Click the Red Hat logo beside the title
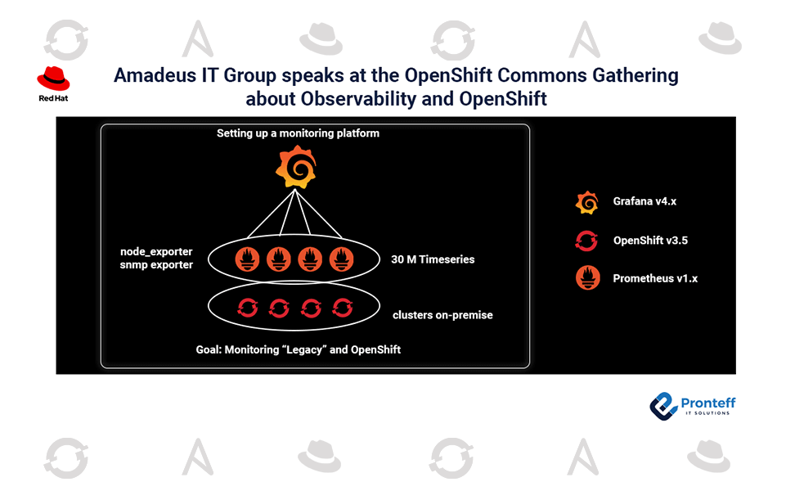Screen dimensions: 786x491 coord(53,83)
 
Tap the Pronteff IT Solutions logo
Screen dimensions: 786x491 coord(692,406)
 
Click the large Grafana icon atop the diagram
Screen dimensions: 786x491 coord(296,167)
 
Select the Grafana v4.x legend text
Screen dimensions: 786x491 coord(645,201)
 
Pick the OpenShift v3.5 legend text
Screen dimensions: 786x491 coord(650,241)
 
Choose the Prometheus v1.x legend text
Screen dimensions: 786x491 coord(655,278)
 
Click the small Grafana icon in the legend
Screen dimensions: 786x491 coord(587,203)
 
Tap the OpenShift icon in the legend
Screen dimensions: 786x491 coord(586,241)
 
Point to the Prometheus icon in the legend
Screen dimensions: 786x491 coord(588,278)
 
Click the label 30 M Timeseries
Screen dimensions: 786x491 coord(433,259)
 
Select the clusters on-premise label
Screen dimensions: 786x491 coord(442,315)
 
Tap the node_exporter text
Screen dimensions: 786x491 coord(156,252)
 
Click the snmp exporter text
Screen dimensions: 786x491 coord(156,265)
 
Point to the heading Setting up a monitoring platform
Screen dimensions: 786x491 coord(298,133)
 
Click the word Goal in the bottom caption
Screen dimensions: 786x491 coord(208,349)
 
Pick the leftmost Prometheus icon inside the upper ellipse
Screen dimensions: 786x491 coord(248,259)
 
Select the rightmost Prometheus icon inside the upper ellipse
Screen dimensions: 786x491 coord(341,259)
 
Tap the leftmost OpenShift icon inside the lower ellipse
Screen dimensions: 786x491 coord(248,308)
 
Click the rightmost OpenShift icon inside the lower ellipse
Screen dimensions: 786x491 coord(343,308)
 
